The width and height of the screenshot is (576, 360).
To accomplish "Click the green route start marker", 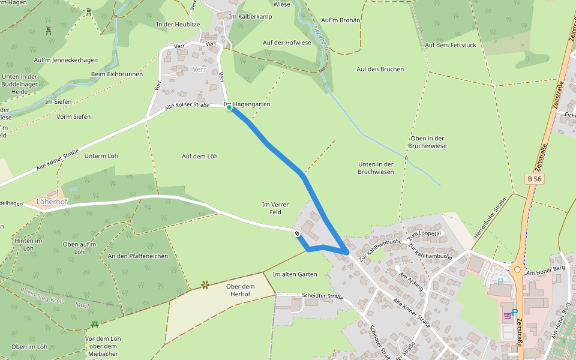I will tap(229, 107).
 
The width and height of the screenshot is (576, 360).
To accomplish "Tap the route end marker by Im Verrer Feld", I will tap(297, 233).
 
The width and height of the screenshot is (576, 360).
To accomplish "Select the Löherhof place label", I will tap(52, 202).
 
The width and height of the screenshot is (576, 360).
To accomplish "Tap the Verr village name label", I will tap(199, 69).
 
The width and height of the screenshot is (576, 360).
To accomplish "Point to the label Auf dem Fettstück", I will tap(451, 45).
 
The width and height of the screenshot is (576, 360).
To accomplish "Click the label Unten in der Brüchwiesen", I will tap(376, 168).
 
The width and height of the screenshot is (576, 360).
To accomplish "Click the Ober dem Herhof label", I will tap(241, 290).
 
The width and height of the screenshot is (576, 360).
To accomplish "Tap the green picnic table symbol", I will tap(95, 325).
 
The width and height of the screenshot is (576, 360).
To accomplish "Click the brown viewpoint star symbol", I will tap(205, 284).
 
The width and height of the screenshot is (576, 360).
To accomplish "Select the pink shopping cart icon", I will tap(508, 315).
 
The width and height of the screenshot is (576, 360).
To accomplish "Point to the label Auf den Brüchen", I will tap(380, 69).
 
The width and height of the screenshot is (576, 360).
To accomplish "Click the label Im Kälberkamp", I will tap(250, 16).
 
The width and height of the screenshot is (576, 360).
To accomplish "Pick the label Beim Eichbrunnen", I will tap(117, 74).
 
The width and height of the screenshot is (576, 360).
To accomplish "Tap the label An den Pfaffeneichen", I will tap(138, 256).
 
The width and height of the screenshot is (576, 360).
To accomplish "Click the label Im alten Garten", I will tap(295, 274).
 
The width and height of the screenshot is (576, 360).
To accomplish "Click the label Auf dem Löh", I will tap(199, 156).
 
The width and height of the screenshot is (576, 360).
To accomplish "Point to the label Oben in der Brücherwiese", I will tap(427, 142).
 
